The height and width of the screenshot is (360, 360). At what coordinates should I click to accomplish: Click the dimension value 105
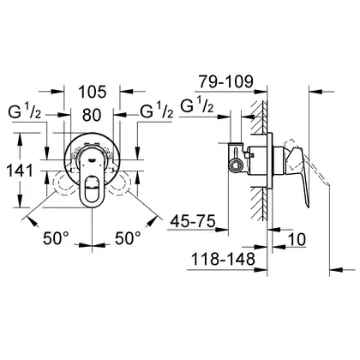point(92,92)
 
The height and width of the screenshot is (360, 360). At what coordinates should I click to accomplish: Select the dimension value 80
point(92,115)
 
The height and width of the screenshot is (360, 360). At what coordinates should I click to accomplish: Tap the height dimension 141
point(20,171)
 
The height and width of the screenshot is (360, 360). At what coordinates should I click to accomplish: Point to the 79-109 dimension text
point(226,81)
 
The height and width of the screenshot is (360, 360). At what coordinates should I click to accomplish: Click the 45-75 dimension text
point(193,221)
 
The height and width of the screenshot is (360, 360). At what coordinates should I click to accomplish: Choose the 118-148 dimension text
point(223,259)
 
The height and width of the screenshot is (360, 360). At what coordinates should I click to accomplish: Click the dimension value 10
point(297,239)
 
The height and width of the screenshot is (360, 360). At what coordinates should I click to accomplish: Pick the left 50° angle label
point(56,238)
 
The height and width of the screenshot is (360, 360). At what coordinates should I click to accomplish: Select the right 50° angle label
point(128,238)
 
